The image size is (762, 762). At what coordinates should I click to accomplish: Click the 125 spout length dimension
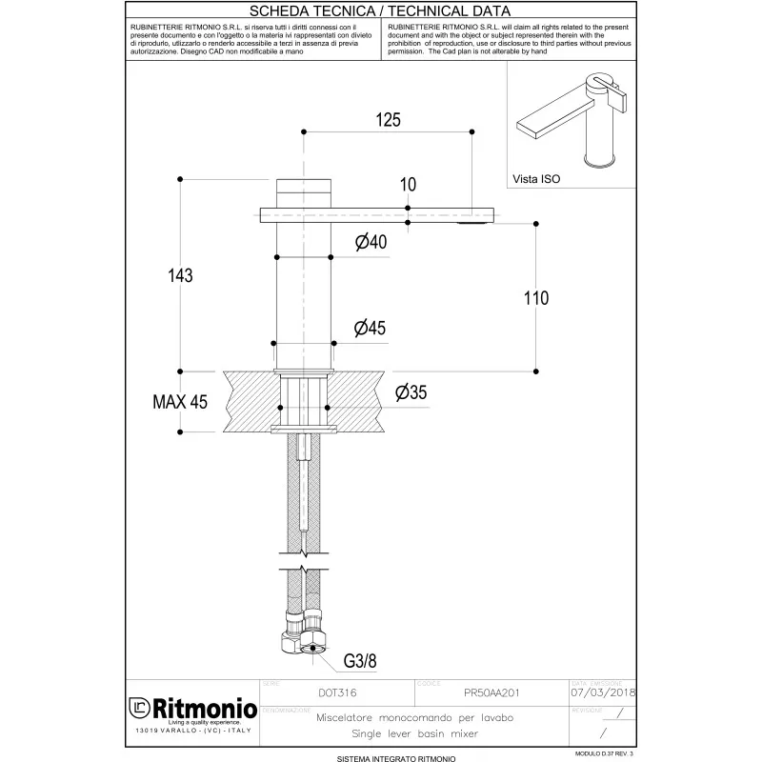(388, 120)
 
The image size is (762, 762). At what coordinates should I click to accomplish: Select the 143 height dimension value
(179, 275)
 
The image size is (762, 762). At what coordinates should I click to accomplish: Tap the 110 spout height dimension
(536, 298)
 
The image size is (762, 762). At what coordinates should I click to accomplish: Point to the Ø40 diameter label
(370, 243)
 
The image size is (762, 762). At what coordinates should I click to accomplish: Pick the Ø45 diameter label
(370, 329)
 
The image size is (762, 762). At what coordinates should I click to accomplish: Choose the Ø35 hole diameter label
(410, 391)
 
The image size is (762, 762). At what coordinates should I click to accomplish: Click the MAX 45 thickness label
(180, 402)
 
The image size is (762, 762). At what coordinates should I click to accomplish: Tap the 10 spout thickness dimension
(408, 184)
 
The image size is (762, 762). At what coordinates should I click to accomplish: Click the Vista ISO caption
(538, 177)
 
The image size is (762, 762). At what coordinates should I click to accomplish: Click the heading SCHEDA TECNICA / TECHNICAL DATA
(381, 11)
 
